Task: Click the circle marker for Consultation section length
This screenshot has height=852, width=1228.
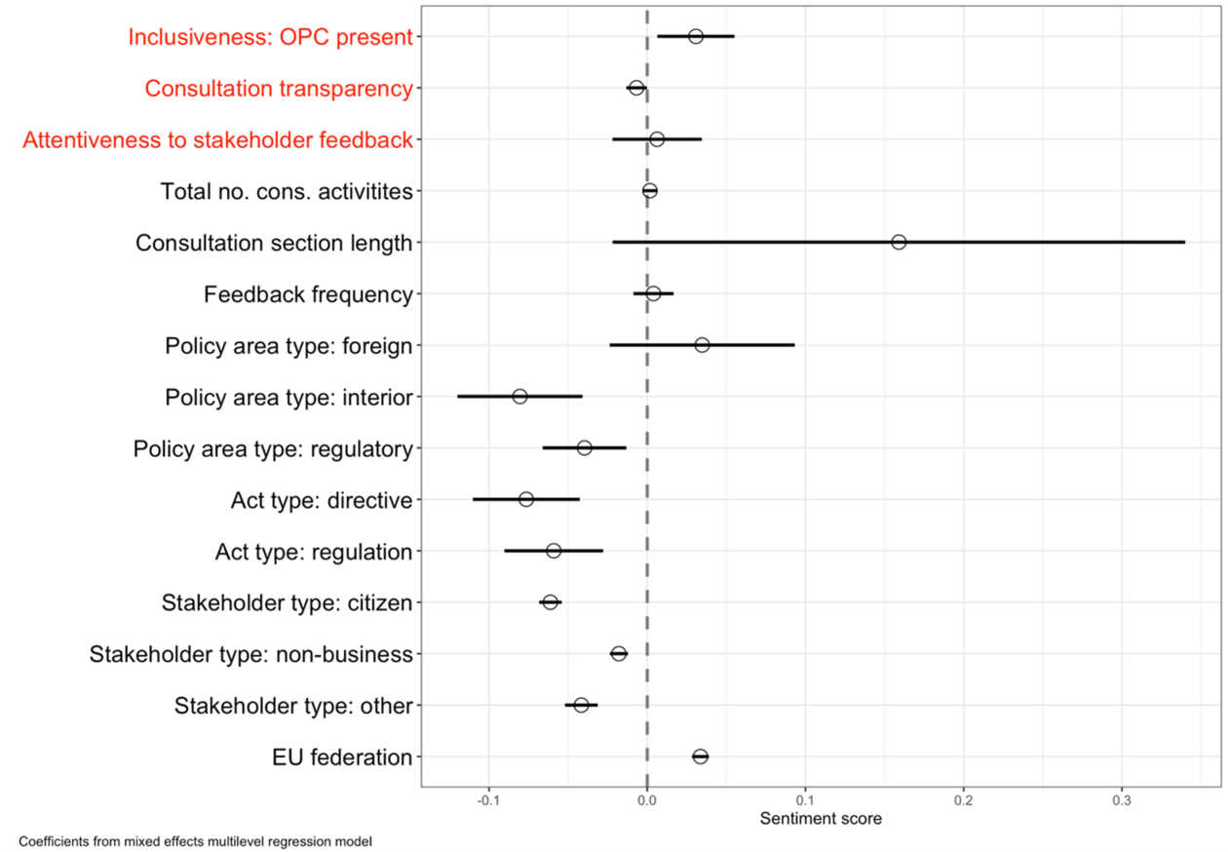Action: click(x=899, y=242)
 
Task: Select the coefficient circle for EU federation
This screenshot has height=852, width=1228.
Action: click(x=700, y=756)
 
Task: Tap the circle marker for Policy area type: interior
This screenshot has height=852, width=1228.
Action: click(x=519, y=397)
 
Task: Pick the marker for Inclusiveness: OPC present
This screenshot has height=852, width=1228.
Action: click(x=696, y=36)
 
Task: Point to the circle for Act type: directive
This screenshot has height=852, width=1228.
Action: click(x=526, y=499)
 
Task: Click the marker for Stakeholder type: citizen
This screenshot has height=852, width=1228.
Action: click(x=550, y=602)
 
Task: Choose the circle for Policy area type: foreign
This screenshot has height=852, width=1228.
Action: click(x=702, y=345)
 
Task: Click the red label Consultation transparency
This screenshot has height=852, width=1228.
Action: click(x=279, y=89)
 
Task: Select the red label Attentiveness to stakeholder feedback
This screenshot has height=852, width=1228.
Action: click(x=218, y=140)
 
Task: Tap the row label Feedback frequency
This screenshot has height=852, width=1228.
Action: click(x=308, y=294)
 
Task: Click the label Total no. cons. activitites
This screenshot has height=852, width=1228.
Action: click(x=287, y=191)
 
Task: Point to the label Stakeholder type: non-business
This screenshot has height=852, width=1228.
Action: click(x=251, y=654)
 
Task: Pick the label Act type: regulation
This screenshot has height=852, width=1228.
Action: click(x=314, y=552)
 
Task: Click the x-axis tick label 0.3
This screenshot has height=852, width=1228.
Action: click(x=1122, y=801)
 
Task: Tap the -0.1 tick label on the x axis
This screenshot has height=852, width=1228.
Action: click(x=487, y=801)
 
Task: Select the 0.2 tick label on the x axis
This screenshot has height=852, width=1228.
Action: click(x=963, y=801)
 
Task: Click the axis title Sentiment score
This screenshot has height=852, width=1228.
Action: click(x=821, y=819)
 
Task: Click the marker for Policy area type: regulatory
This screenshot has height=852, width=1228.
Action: click(x=584, y=448)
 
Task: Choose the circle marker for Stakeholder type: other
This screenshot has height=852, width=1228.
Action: click(x=581, y=705)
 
